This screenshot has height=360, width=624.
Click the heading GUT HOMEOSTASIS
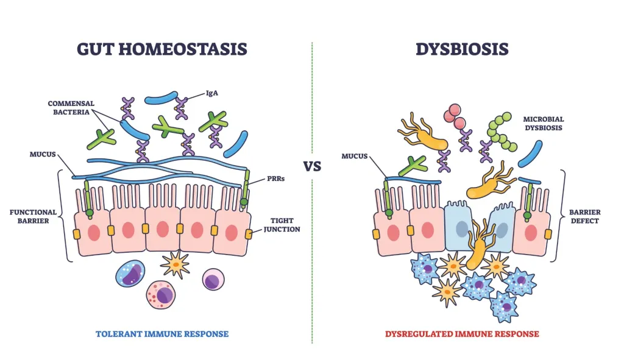tap(162, 49)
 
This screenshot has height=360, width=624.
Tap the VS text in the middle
tap(312, 166)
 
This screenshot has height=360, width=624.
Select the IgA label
tap(213, 94)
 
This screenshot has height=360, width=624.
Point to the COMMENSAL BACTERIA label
tap(73, 108)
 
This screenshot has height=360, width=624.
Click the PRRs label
tap(269, 179)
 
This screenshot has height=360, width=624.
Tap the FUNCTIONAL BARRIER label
tap(34, 216)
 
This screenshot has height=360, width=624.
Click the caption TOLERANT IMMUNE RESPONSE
tap(162, 334)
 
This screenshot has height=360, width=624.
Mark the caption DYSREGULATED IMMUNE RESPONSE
tap(462, 334)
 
